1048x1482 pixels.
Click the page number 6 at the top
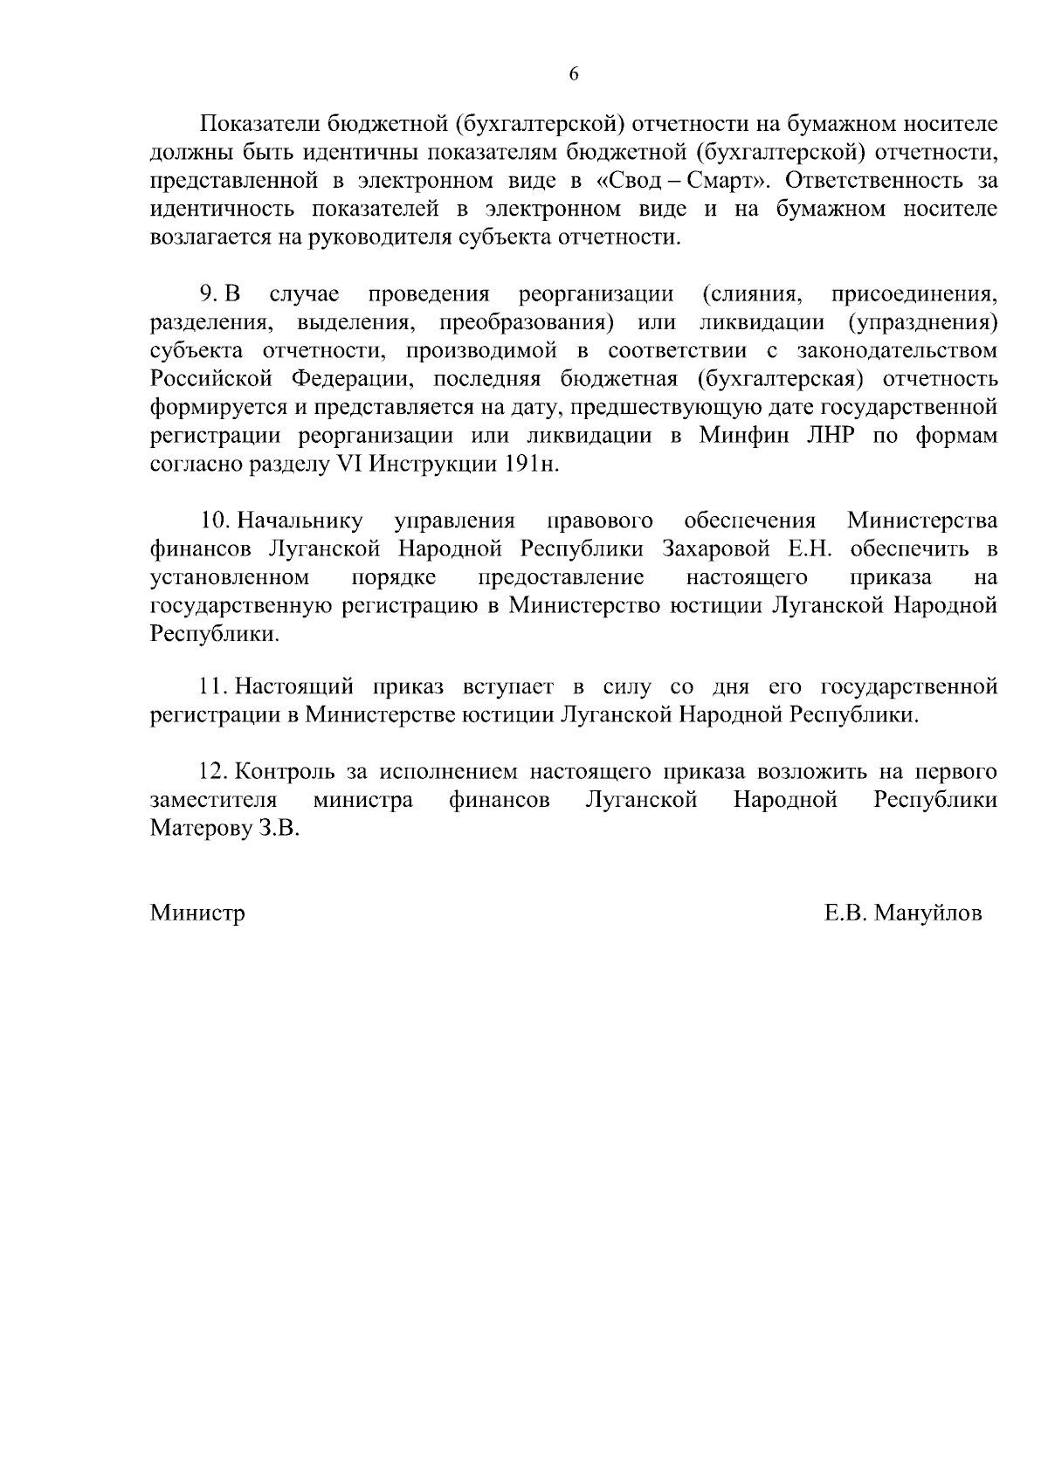[574, 74]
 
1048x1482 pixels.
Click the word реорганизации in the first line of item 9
[596, 294]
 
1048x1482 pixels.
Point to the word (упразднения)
[922, 323]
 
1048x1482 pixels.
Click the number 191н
[527, 465]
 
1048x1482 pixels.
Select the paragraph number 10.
[216, 521]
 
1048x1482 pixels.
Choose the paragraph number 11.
[214, 687]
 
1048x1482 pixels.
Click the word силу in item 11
[626, 687]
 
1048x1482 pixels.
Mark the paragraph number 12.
[215, 772]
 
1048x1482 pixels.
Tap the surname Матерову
[200, 829]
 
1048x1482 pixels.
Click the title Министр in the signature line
[197, 913]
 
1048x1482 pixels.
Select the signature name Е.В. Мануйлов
[902, 913]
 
